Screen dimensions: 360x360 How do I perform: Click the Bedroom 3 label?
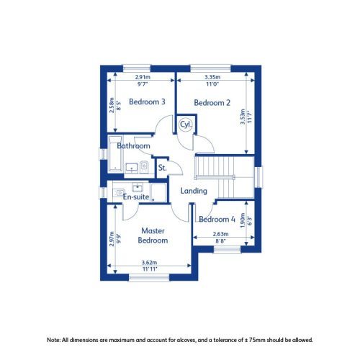pos(148,102)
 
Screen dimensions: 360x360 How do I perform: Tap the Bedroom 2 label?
pos(212,103)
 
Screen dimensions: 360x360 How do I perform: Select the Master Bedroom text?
pos(153,235)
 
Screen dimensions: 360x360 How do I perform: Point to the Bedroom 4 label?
pos(217,219)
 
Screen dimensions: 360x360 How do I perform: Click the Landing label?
pos(194,191)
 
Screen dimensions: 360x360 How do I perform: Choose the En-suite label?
pos(137,197)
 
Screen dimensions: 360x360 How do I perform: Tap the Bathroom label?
pos(134,146)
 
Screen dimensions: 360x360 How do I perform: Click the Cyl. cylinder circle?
pos(186,124)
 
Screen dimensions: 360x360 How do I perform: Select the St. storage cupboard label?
pos(163,168)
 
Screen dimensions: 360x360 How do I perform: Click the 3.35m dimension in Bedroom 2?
pos(212,77)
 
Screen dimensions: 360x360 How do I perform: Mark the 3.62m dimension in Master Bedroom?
pos(150,262)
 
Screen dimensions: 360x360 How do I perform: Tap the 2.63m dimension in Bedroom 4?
pos(220,235)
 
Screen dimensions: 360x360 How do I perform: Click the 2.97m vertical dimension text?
pos(110,237)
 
